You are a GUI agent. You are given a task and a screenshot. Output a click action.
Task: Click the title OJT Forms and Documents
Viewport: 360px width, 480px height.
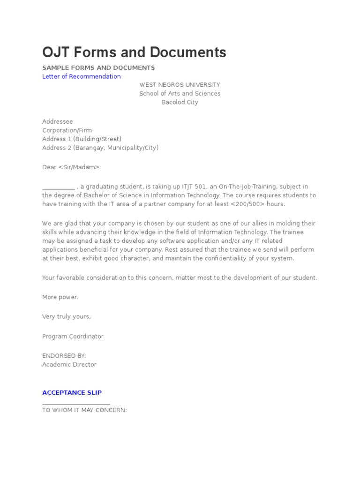(134, 52)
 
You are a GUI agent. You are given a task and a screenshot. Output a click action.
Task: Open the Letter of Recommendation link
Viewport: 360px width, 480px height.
(81, 76)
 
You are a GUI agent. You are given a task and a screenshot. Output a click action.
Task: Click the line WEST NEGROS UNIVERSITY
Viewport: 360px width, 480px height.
(180, 85)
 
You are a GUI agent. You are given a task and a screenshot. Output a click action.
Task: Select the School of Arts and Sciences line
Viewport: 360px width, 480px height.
(180, 93)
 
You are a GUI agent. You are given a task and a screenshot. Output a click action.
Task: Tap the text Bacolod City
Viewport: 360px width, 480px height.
(180, 102)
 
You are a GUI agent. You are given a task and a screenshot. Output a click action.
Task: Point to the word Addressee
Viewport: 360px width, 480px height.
(57, 121)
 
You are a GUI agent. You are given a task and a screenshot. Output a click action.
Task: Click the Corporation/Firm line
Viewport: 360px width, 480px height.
(67, 130)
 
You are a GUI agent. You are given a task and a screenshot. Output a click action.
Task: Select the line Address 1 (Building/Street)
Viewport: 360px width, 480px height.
(82, 139)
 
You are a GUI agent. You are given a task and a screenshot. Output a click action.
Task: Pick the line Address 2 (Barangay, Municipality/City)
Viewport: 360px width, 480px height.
(100, 148)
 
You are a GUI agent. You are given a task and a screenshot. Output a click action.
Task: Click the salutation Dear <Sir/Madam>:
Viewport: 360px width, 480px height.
(72, 167)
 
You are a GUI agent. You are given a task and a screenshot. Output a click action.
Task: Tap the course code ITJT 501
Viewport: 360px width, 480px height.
(185, 187)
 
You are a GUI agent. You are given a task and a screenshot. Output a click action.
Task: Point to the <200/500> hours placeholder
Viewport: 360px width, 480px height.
(247, 204)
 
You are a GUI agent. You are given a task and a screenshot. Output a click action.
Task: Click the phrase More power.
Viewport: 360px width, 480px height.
(60, 297)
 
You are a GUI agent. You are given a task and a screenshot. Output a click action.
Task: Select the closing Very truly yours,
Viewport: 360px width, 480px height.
(66, 316)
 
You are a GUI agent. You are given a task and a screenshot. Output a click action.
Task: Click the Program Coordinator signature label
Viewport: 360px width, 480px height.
(73, 336)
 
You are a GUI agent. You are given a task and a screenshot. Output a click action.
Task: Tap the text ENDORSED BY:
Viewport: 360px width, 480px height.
(64, 356)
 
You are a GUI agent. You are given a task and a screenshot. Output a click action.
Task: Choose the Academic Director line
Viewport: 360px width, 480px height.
(69, 364)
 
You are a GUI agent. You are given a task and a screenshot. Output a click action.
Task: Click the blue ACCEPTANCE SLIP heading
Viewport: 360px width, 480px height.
(72, 392)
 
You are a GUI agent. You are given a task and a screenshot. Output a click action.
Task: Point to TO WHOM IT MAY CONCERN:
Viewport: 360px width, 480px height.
(84, 410)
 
